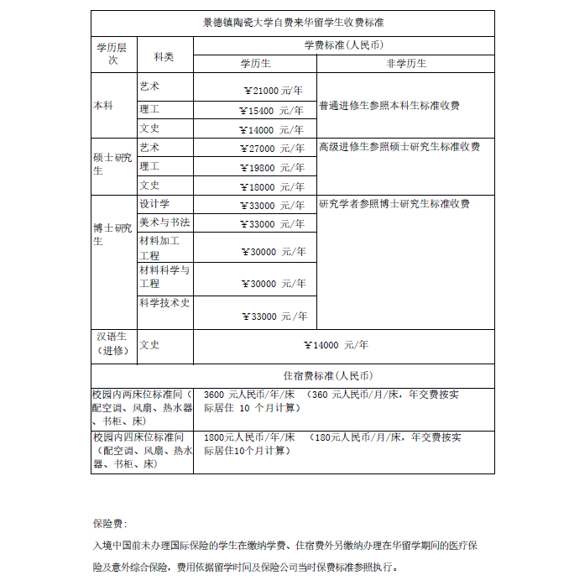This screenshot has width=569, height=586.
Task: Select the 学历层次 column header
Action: click(113, 53)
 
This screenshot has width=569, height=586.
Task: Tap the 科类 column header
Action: click(164, 56)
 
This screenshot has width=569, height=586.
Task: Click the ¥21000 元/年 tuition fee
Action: click(273, 91)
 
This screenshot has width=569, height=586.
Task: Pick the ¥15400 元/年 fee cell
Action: click(273, 110)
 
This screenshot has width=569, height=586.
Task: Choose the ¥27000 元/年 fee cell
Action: click(273, 149)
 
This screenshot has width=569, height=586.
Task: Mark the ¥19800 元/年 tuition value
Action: click(273, 167)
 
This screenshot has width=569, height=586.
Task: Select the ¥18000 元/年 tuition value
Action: click(273, 186)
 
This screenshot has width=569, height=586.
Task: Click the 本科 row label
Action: click(103, 107)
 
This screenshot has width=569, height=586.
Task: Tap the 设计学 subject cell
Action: click(154, 204)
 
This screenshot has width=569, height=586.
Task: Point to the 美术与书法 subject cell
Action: click(164, 222)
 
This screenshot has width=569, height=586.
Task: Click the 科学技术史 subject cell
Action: click(164, 303)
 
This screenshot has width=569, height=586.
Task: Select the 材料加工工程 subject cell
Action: click(159, 248)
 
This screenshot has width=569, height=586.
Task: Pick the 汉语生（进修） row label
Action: click(113, 343)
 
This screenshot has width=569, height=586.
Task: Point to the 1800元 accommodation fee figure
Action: click(218, 437)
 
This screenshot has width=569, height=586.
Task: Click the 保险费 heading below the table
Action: click(110, 523)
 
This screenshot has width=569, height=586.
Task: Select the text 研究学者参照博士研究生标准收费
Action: click(394, 204)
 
